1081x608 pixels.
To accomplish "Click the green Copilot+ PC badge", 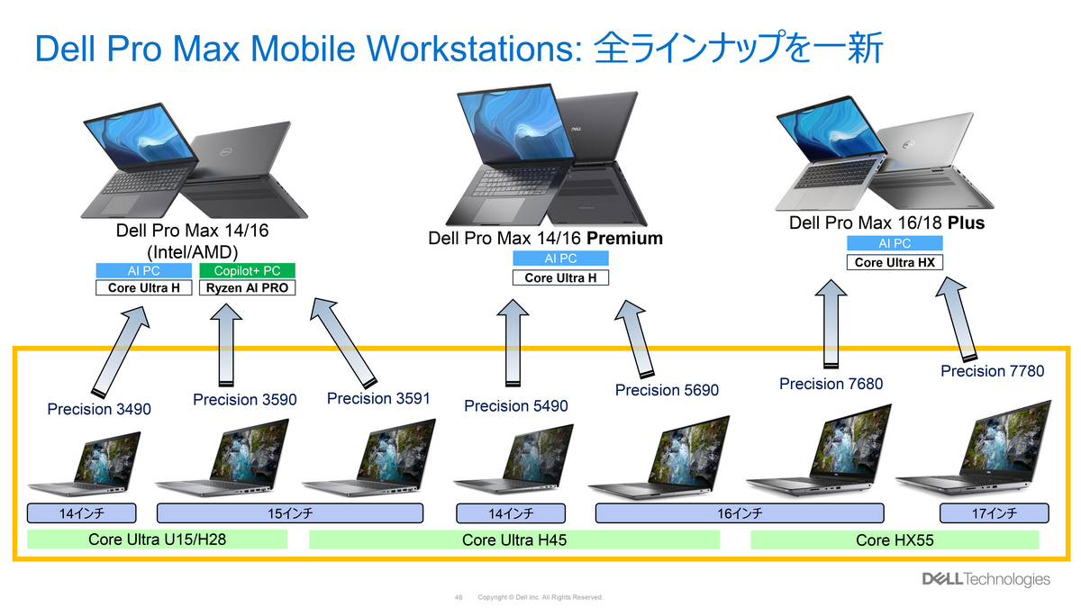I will [x=247, y=271].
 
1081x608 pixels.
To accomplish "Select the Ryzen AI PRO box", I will [x=247, y=288].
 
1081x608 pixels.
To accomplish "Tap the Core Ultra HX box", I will [x=895, y=262].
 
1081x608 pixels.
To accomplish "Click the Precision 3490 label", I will [x=99, y=410].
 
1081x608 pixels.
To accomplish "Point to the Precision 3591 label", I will [x=378, y=398].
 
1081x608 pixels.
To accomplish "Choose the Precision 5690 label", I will [x=668, y=390].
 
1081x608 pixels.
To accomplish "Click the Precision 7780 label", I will [x=992, y=371].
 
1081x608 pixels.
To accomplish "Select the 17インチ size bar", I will [x=995, y=513].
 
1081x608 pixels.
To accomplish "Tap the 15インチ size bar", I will [x=290, y=513].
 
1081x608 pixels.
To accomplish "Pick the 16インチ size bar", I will [x=740, y=513].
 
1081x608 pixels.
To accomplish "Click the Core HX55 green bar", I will [x=895, y=540].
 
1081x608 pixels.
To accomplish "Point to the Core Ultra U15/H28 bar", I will [x=157, y=540].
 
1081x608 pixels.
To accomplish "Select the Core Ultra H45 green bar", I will [x=514, y=540].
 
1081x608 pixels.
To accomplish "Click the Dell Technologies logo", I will [x=985, y=579].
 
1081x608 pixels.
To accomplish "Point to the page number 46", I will [x=459, y=597].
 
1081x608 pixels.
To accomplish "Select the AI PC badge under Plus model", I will [x=895, y=243].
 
